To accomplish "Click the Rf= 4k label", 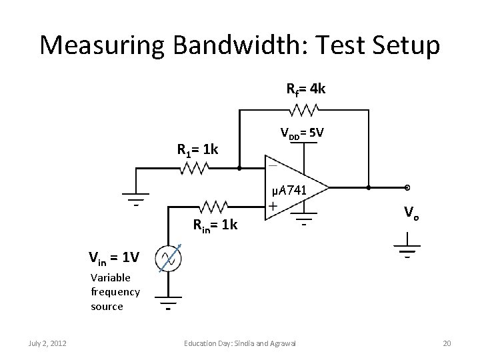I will point(305,88).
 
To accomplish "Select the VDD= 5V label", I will point(302,133).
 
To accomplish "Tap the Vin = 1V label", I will point(114,256).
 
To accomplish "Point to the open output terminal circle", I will point(406,187).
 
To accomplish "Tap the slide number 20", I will point(447,343).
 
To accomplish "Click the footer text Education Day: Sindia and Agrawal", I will point(240,343).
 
